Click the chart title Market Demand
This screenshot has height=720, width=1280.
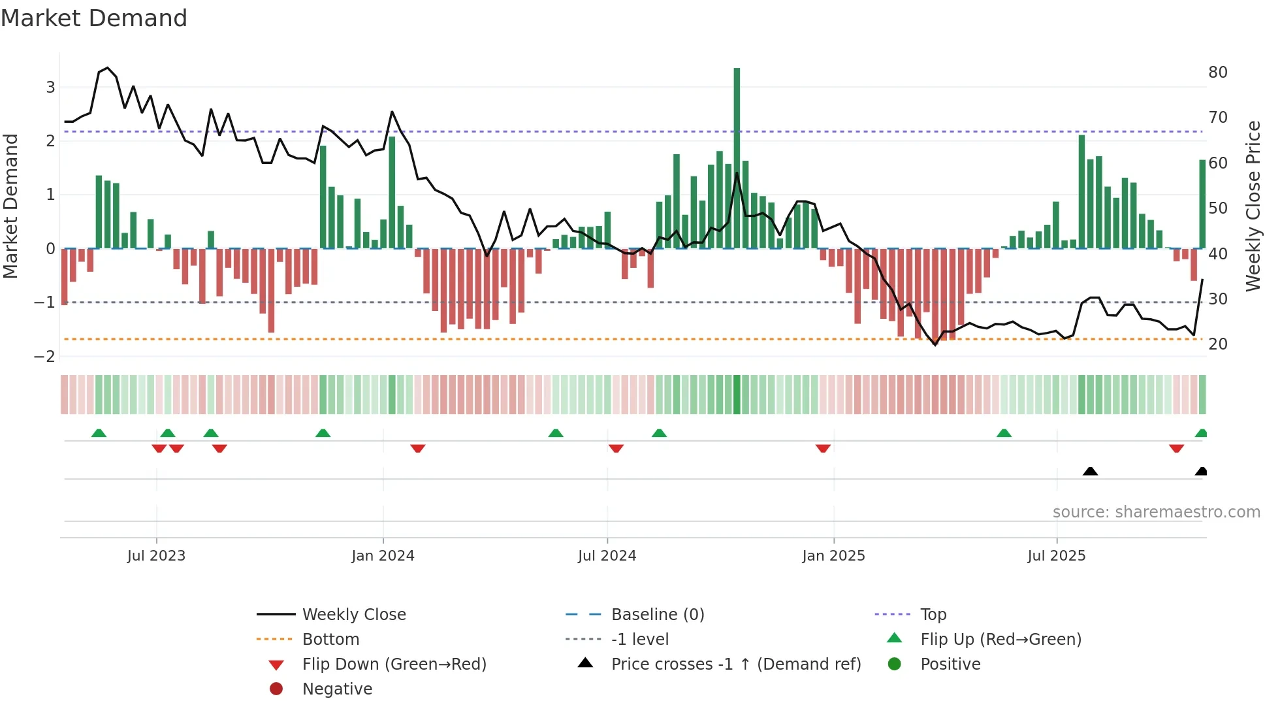tap(94, 18)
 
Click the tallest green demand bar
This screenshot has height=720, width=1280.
tap(737, 157)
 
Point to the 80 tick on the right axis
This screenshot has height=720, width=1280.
tap(1217, 72)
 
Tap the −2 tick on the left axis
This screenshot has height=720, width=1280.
tap(44, 356)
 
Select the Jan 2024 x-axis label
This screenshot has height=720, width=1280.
tap(383, 556)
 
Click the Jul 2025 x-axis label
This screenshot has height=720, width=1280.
tap(1056, 556)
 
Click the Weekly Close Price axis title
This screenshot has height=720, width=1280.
tap(1253, 206)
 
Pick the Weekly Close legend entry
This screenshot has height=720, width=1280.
tap(353, 614)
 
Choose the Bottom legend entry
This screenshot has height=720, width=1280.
tap(330, 639)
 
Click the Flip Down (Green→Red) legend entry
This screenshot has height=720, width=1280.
tap(394, 664)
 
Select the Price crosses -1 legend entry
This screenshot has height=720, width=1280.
tap(735, 664)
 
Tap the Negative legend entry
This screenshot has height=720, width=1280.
tap(337, 689)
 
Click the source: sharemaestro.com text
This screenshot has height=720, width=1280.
tap(1156, 512)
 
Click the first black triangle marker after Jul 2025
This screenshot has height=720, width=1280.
tap(1090, 471)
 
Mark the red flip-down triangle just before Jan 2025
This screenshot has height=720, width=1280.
tap(823, 448)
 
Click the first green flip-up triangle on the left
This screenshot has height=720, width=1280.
tap(99, 433)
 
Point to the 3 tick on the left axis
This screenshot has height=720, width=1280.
tap(50, 87)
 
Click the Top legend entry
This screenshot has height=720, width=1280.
tap(933, 614)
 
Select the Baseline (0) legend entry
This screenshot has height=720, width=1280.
tap(657, 614)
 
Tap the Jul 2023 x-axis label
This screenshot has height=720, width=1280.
tap(156, 556)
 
